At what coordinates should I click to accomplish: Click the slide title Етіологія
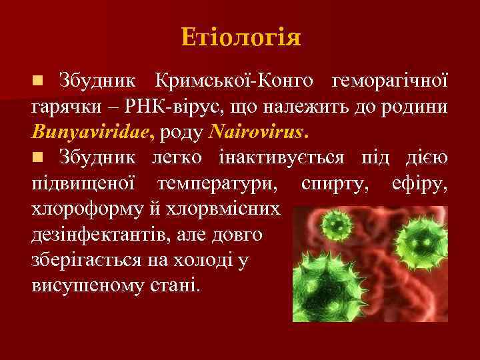240,36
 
